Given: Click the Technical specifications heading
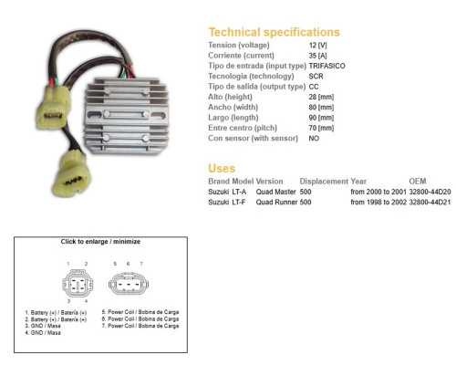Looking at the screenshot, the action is tap(274, 32).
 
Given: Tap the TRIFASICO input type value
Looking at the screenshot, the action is tap(327, 66).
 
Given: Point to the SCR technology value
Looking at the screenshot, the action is tap(316, 77).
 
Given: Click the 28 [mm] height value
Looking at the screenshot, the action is tap(321, 97).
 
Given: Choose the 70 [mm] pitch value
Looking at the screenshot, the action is tap(321, 128).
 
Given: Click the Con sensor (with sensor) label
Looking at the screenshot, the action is tap(253, 139).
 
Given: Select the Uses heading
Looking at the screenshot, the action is tap(222, 168).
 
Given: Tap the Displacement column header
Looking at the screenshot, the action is tap(324, 182).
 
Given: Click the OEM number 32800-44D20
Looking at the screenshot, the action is tap(430, 192).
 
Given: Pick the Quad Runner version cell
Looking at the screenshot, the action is tap(276, 203).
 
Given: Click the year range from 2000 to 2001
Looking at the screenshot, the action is tap(378, 192).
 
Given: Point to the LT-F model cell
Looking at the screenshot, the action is tap(239, 203).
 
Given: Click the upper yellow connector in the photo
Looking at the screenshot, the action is tap(54, 107).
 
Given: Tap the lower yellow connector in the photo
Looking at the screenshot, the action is tap(71, 174).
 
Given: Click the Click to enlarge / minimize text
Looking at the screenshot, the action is tap(100, 242).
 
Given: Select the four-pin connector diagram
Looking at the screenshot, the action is tap(78, 284).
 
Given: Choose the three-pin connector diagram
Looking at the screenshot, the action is tap(129, 284).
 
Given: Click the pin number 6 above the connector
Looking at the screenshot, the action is tap(128, 264).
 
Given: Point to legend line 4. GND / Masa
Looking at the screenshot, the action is tap(43, 333).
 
